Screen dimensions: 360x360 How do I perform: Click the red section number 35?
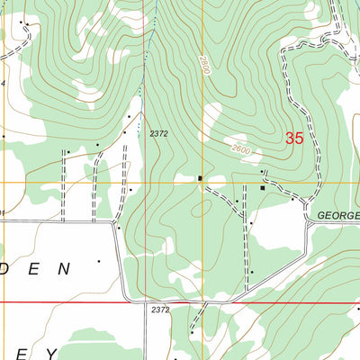point(294,139)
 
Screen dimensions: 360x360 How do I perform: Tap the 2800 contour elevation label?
point(204,65)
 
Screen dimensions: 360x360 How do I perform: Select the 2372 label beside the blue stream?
point(159,133)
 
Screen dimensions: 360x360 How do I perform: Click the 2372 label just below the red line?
point(159,310)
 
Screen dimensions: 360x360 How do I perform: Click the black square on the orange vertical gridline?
point(200,178)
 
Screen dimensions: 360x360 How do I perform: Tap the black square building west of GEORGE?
point(263,188)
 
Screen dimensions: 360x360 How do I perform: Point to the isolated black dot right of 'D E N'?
point(98,262)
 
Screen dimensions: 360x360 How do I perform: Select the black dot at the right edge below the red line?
point(355,309)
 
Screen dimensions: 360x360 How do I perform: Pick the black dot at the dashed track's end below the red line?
point(191,333)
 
